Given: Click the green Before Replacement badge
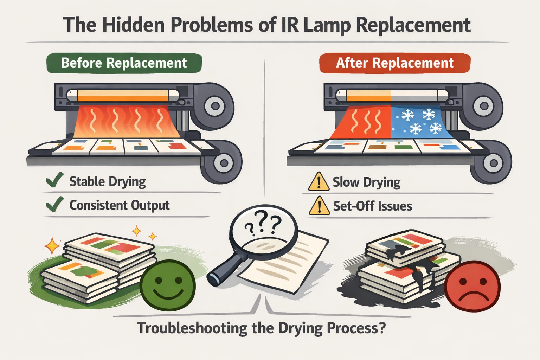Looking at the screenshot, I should point(124,63).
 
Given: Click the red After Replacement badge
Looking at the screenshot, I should point(394,63).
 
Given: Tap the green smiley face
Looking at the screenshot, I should point(168,284).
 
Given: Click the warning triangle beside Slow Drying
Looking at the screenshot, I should point(319,182).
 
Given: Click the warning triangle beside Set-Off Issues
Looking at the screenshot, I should point(319,206).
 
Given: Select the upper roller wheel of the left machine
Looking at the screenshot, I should point(215,106).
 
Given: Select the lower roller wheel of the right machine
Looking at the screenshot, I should point(493,163).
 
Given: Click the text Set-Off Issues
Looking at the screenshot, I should point(372,206).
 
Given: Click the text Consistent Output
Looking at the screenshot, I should point(120,205).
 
